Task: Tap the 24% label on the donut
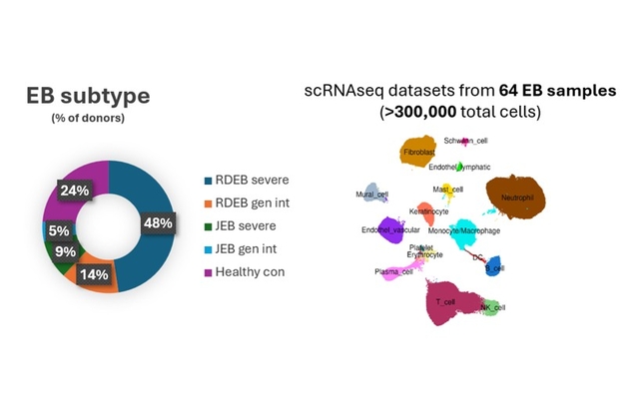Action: (74, 191)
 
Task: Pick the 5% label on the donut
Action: (59, 231)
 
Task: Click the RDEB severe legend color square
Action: (207, 181)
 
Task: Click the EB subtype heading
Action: (89, 97)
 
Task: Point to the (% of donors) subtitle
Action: (89, 119)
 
